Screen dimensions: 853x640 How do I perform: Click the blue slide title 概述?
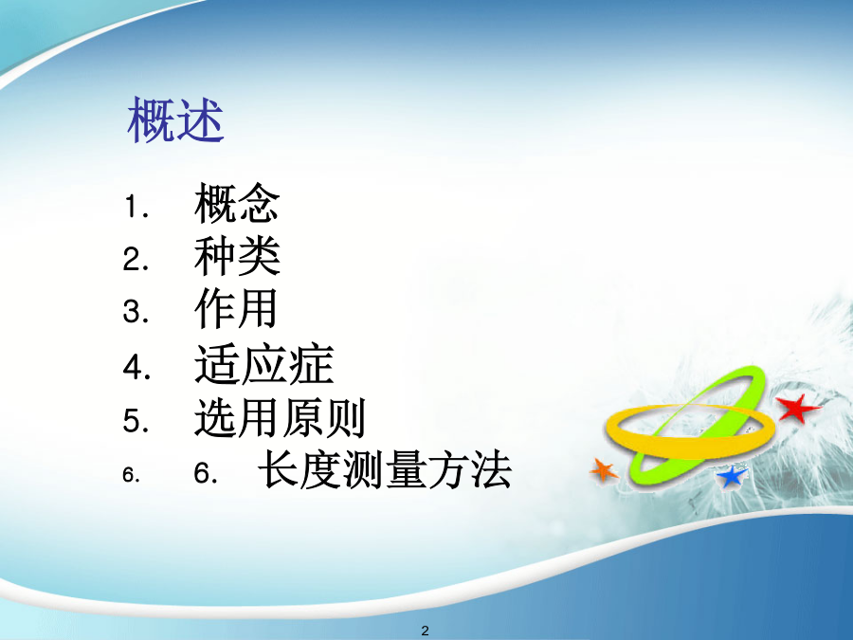pos(175,119)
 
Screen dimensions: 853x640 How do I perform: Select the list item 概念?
pos(237,203)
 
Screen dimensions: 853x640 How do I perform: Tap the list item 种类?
pos(237,256)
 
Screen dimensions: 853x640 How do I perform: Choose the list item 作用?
pos(236,308)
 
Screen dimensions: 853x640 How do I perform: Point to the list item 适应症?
pos(263,364)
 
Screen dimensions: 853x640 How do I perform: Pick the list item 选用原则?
pos(280,417)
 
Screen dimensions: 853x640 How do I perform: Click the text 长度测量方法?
pos(385,469)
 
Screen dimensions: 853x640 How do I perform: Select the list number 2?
pos(136,260)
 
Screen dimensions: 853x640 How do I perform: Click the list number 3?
pos(136,312)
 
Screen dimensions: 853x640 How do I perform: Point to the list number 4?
pos(136,367)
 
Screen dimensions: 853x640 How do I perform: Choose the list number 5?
pos(136,421)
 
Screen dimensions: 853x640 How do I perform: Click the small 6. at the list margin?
pos(131,475)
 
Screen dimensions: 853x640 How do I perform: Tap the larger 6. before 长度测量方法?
pos(207,472)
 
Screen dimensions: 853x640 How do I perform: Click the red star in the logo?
pos(797,408)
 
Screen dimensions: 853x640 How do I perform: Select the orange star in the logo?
pos(604,470)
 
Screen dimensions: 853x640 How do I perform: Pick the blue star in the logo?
pos(732,476)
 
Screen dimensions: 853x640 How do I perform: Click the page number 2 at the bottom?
pos(426,631)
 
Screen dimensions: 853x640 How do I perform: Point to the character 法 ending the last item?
pos(491,469)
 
